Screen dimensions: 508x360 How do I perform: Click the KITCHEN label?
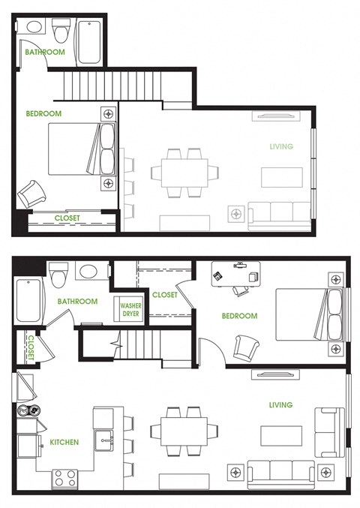click(x=64, y=442)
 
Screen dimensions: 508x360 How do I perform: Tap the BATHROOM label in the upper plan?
click(x=45, y=53)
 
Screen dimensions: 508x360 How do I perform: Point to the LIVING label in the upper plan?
click(x=281, y=146)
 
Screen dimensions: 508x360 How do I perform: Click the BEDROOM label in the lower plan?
click(x=239, y=316)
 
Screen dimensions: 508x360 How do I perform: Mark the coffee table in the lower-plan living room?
click(x=280, y=436)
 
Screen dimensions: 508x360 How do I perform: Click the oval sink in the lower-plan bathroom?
click(x=88, y=272)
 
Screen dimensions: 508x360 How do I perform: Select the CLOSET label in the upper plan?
click(x=67, y=218)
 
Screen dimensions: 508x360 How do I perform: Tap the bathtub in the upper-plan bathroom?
click(x=88, y=41)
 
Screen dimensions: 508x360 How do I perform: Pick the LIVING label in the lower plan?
click(x=280, y=405)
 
